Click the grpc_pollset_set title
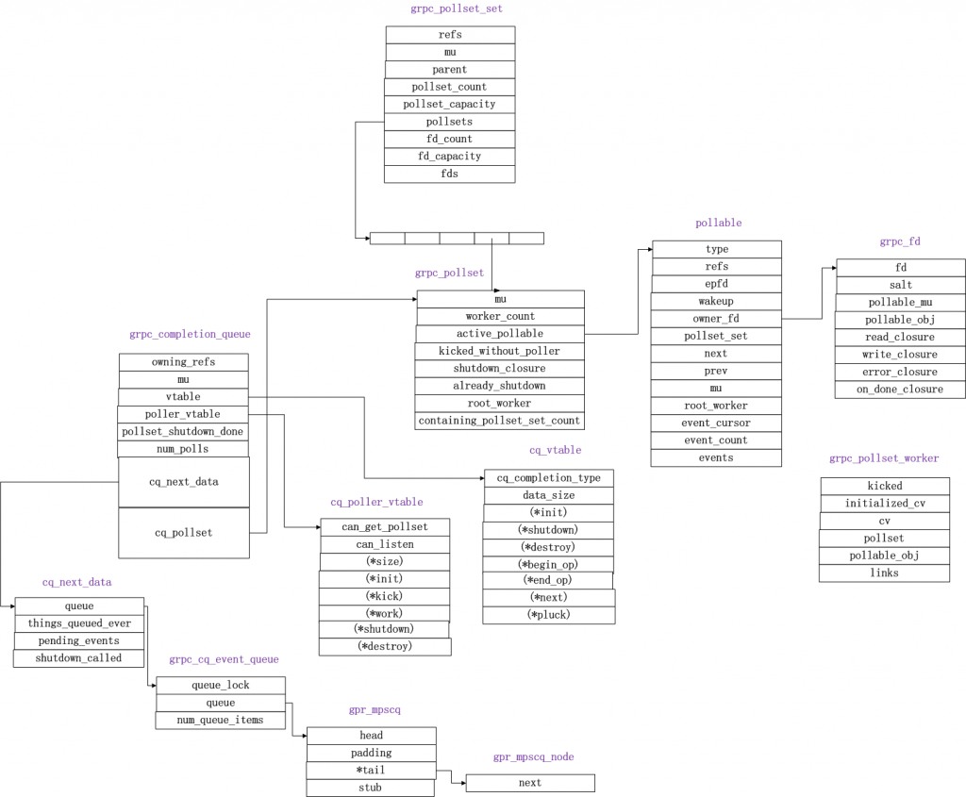[449, 8]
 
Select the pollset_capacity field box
[449, 104]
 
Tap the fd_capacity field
[449, 157]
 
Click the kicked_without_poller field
[499, 351]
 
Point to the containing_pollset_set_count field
[499, 421]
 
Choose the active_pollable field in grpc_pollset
[499, 334]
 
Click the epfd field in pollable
[716, 284]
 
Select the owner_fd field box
[716, 319]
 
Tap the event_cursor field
[716, 423]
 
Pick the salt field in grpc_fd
[900, 285]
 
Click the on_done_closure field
[900, 390]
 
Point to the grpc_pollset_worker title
[884, 458]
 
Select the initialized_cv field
[884, 504]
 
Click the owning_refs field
[183, 362]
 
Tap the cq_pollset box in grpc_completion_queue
[183, 533]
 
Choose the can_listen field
[384, 544]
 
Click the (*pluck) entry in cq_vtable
[548, 615]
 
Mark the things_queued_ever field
[79, 623]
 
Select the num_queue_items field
[220, 721]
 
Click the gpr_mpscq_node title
[533, 757]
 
